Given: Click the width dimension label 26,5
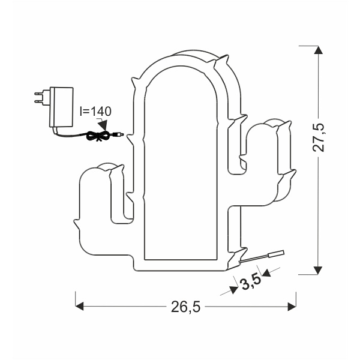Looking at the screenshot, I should (185, 307).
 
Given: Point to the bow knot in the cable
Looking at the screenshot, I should (94, 136).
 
